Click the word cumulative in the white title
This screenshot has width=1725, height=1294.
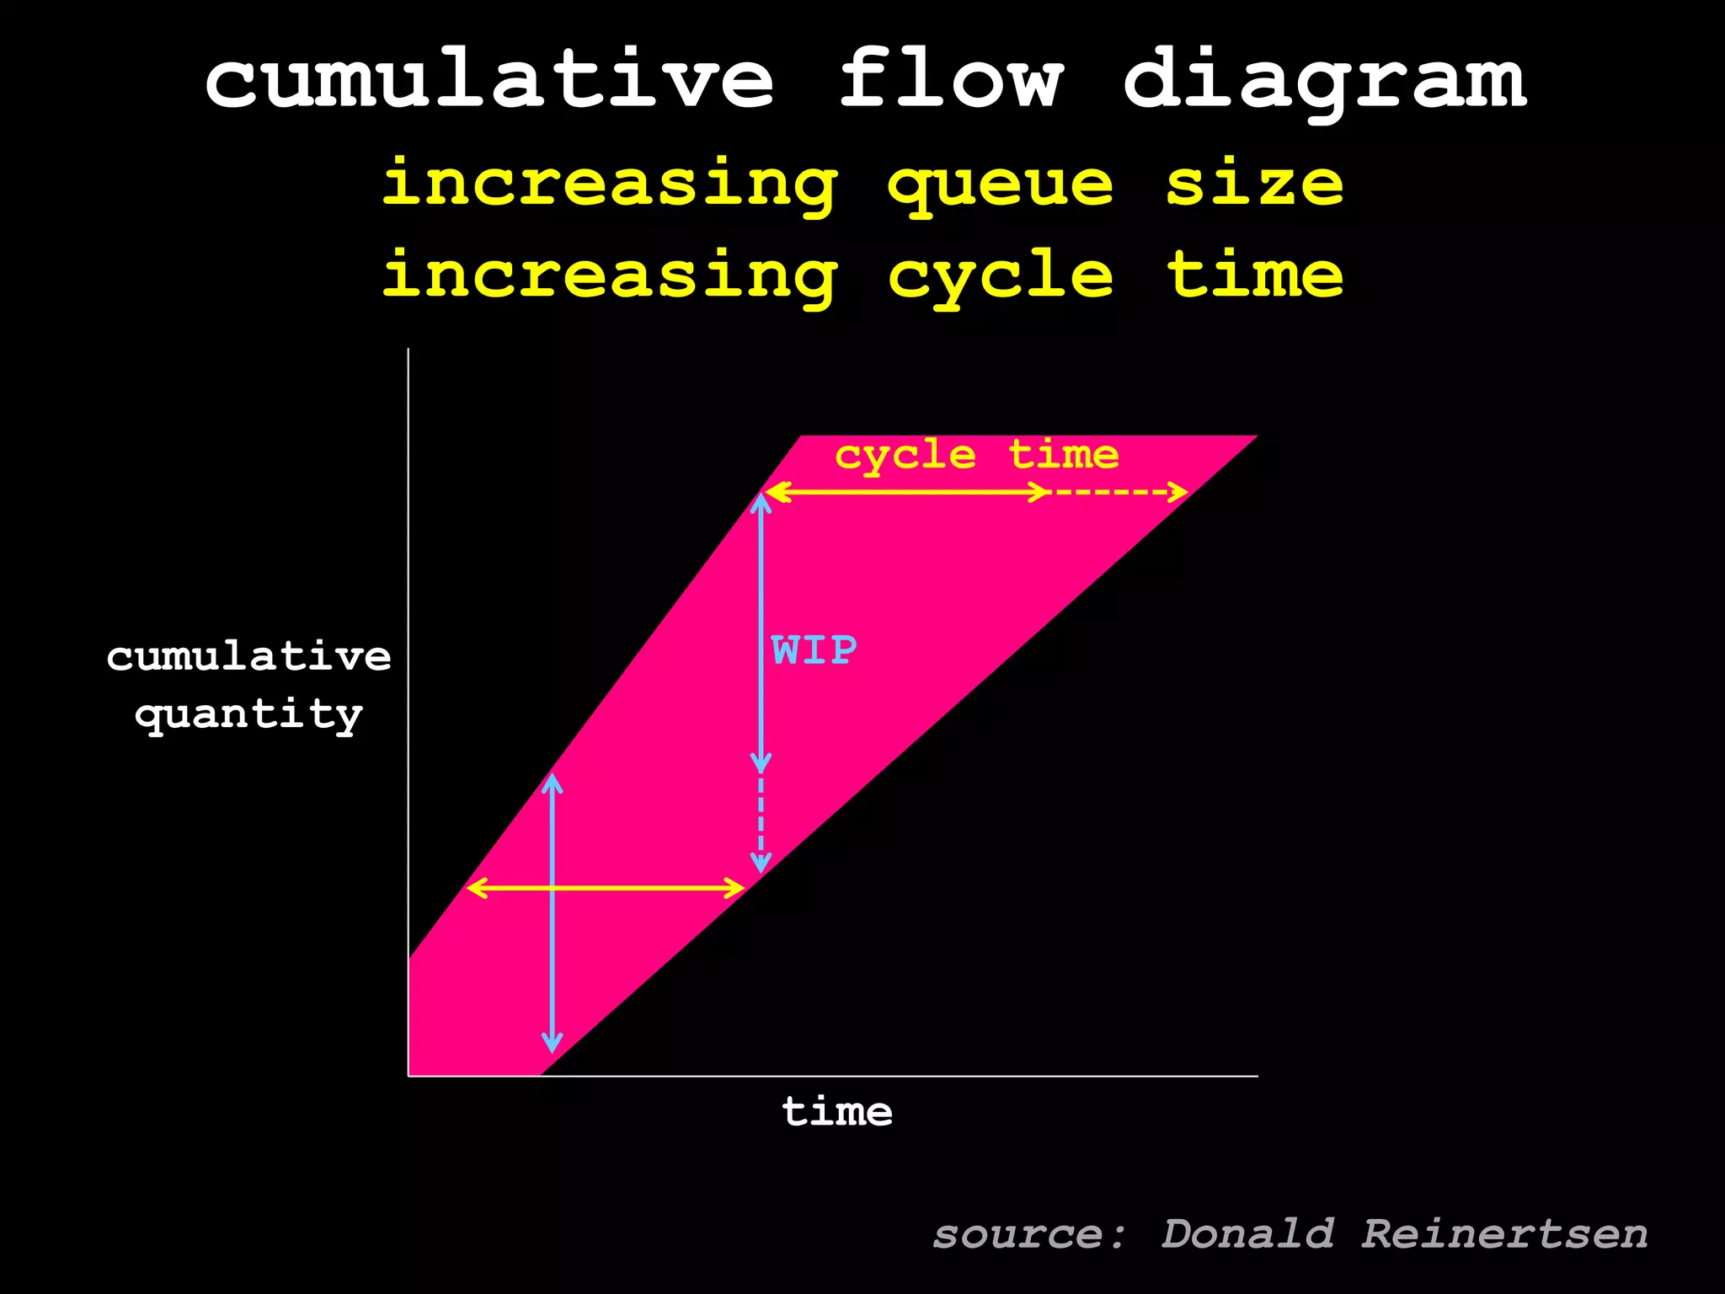(x=489, y=80)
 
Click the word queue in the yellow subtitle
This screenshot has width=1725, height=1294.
(x=1000, y=185)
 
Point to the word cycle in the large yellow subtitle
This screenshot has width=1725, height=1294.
(x=1000, y=276)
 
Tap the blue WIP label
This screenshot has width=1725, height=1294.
(x=814, y=650)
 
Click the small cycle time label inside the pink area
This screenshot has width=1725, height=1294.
(x=976, y=456)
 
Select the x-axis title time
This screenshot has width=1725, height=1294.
(x=837, y=1112)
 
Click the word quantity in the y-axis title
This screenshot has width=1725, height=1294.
(x=248, y=715)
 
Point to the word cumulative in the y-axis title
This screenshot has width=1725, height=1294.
(x=248, y=657)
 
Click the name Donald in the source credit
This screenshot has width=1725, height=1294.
(x=1247, y=1235)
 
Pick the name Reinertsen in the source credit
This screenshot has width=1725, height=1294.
(x=1504, y=1235)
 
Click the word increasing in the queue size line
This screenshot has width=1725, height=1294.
(x=610, y=185)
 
